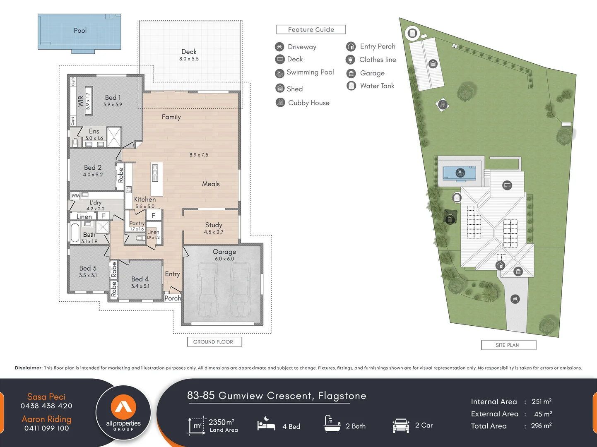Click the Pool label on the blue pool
80,31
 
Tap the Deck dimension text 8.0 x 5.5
189,59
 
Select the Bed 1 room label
113,98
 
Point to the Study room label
214,225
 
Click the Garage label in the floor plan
224,252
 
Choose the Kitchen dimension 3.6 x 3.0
145,206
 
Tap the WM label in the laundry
75,195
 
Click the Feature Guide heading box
311,30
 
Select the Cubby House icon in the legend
280,102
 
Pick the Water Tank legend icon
351,86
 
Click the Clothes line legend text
378,60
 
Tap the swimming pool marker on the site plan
460,173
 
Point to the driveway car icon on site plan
515,299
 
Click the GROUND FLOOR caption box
213,342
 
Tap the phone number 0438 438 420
46,406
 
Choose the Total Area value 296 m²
541,426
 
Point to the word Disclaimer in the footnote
29,368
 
